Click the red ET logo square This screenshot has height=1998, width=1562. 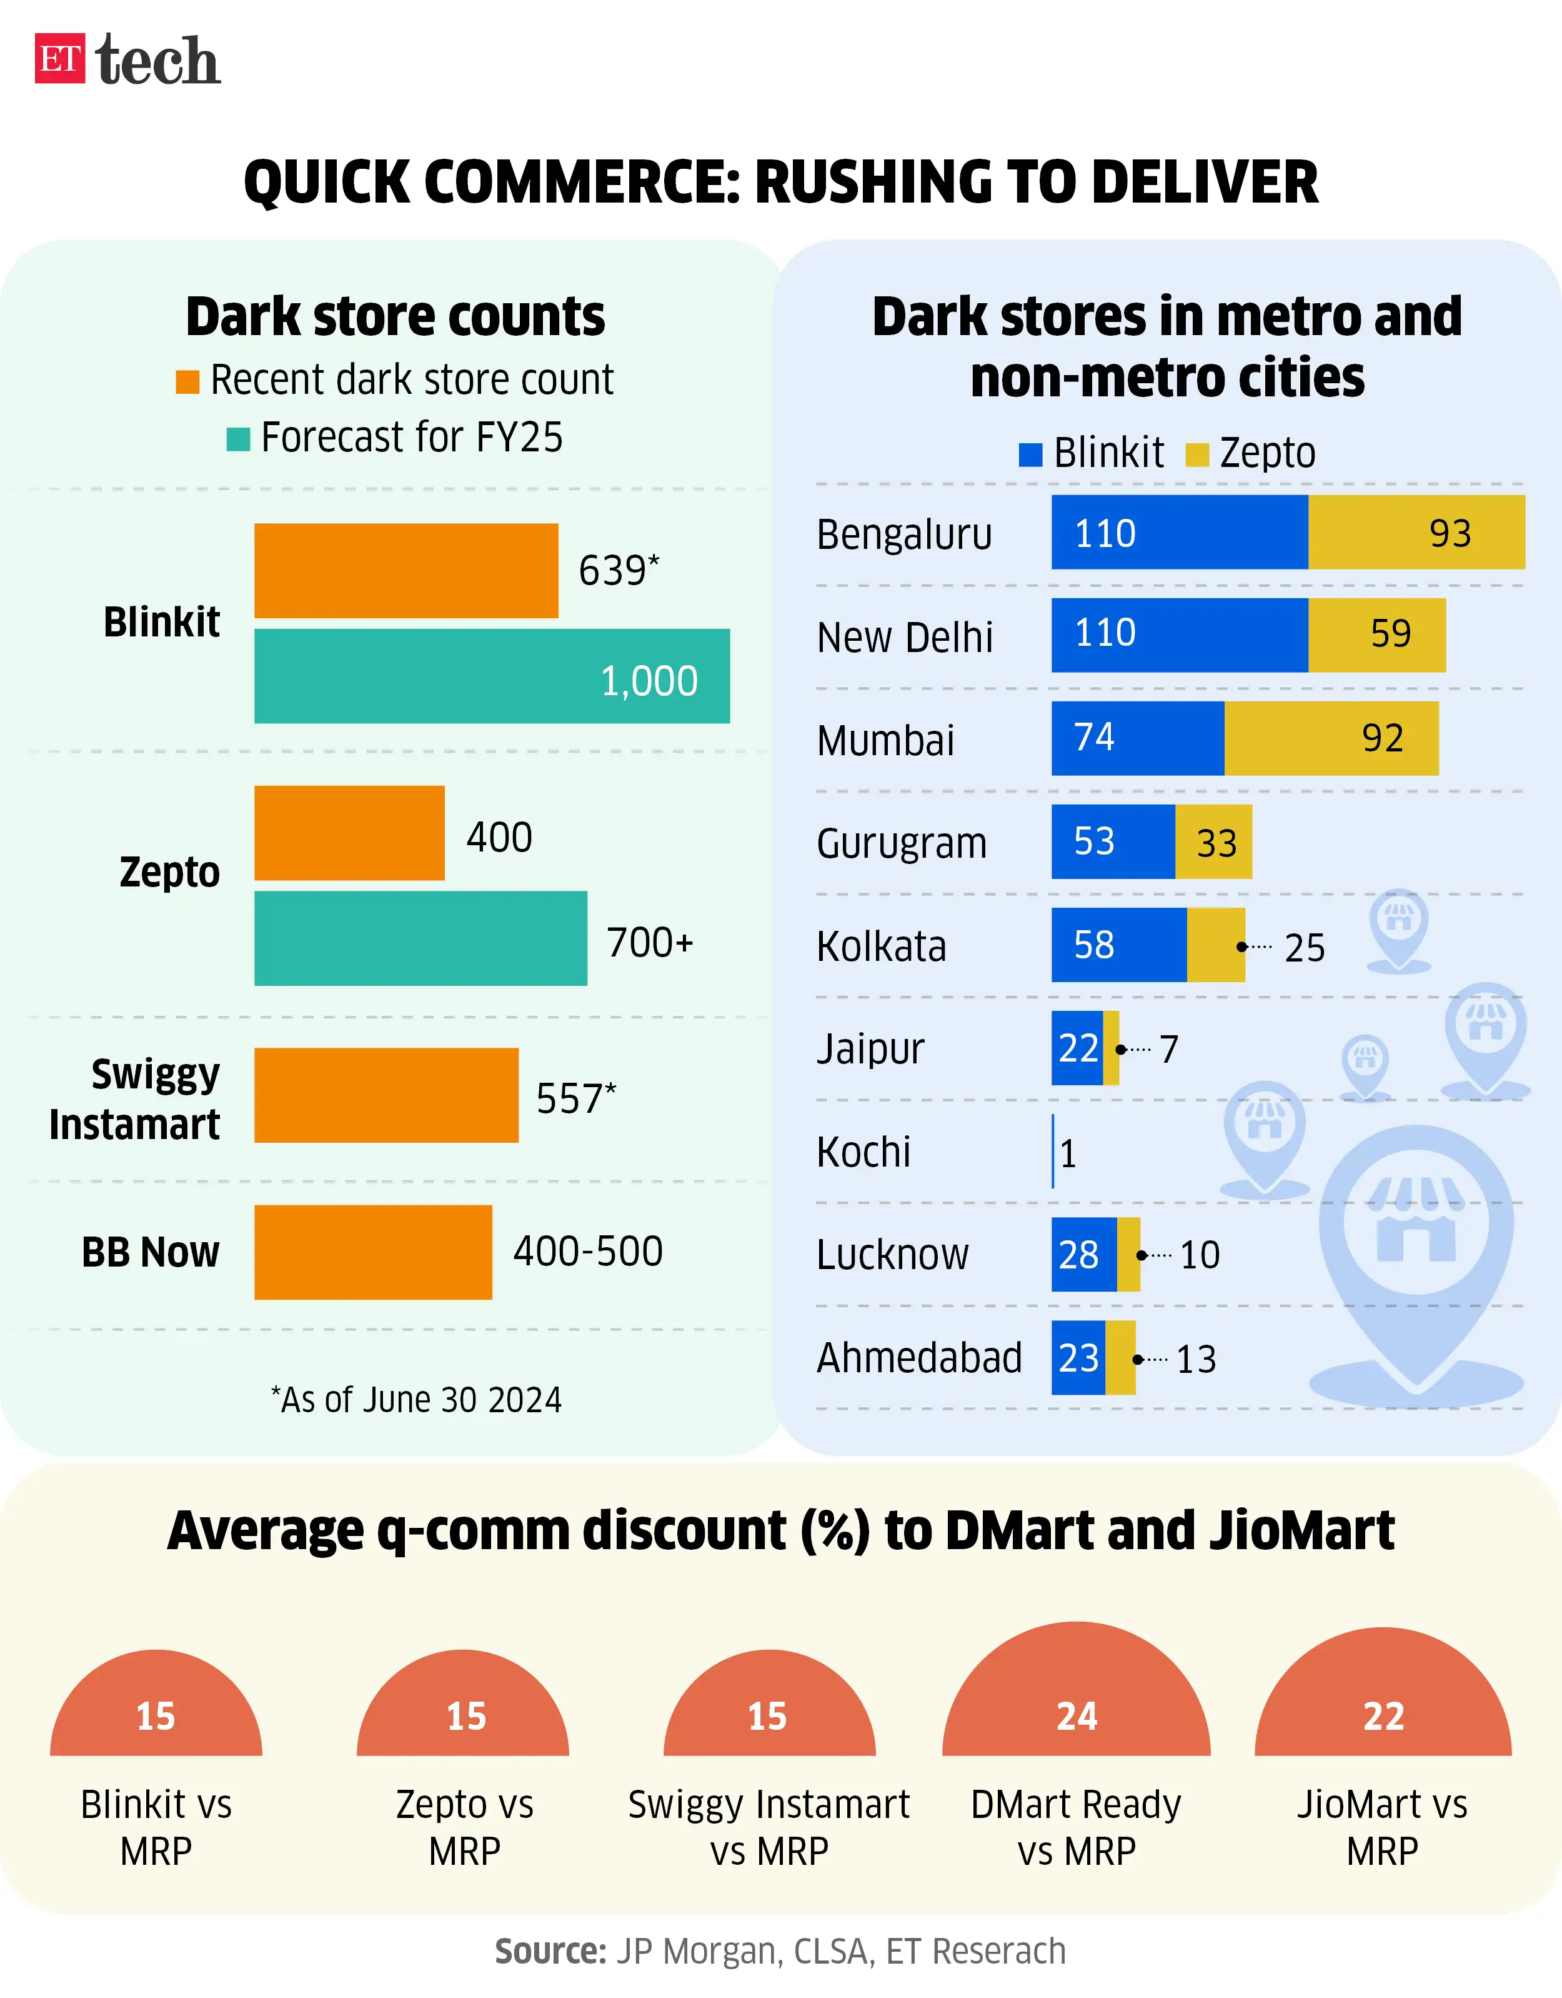[x=59, y=59]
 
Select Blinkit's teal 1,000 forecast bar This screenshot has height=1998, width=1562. [x=491, y=676]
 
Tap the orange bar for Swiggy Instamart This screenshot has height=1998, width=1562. [x=386, y=1095]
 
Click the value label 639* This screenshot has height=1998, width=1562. [x=618, y=570]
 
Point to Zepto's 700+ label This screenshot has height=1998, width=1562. [x=649, y=942]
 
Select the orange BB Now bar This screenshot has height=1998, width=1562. [x=372, y=1252]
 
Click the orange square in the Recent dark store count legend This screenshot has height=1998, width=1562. [x=187, y=381]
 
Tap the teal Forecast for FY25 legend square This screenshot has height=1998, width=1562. [x=238, y=439]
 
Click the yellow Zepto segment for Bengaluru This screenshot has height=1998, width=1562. [x=1416, y=533]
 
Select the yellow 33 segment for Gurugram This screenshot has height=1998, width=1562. [x=1213, y=841]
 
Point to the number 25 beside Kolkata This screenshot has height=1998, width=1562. [x=1304, y=948]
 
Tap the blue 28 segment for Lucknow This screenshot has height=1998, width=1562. [x=1083, y=1254]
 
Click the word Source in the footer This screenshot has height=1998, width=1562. [x=550, y=1951]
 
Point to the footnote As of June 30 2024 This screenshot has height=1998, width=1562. [x=416, y=1400]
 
